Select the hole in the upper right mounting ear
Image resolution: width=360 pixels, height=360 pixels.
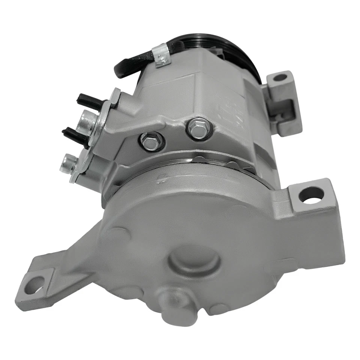click(x=280, y=78)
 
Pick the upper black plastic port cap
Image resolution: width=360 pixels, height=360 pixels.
click(x=88, y=100)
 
